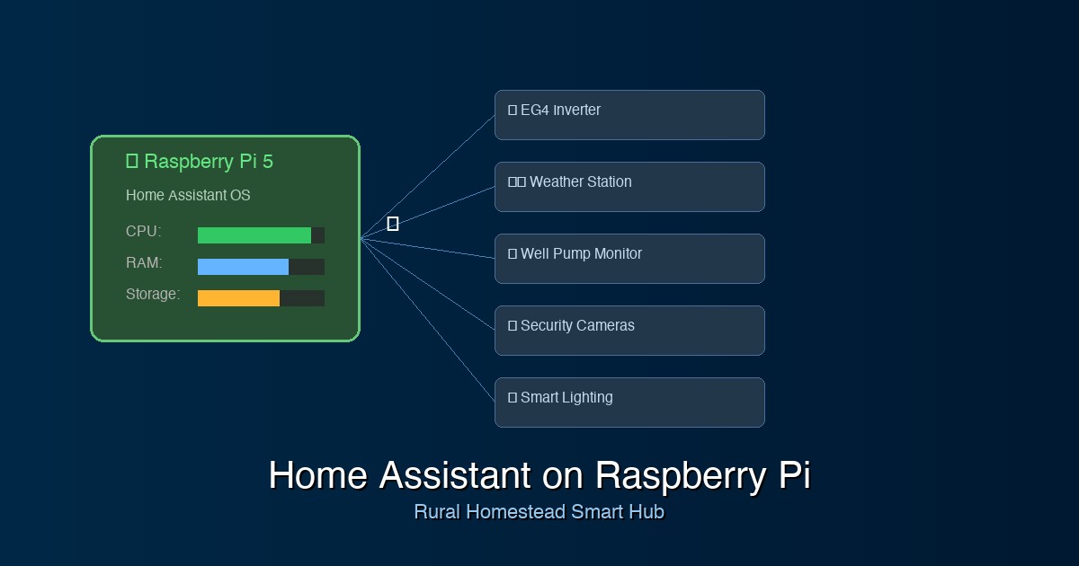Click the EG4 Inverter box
pyautogui.click(x=629, y=115)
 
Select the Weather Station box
pyautogui.click(x=629, y=187)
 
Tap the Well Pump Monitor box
pyautogui.click(x=629, y=259)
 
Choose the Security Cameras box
pyautogui.click(x=629, y=331)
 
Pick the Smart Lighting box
pyautogui.click(x=629, y=402)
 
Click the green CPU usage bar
pyautogui.click(x=254, y=235)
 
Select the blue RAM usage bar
pyautogui.click(x=243, y=267)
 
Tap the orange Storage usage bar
pyautogui.click(x=238, y=298)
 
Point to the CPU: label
pyautogui.click(x=144, y=232)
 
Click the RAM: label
pyautogui.click(x=144, y=263)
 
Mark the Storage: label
pyautogui.click(x=153, y=295)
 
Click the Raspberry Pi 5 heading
pyautogui.click(x=208, y=162)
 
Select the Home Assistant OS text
pyautogui.click(x=188, y=196)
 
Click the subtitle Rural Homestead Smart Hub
pyautogui.click(x=539, y=512)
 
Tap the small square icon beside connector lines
pyautogui.click(x=393, y=224)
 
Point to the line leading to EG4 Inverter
pyautogui.click(x=427, y=176)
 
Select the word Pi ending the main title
pyautogui.click(x=794, y=475)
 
